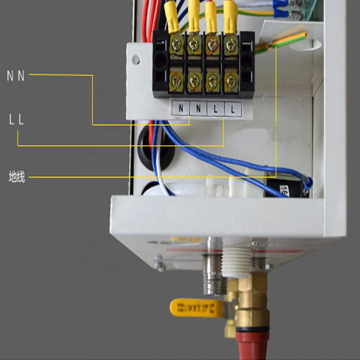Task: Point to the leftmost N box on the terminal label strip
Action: [x=181, y=107]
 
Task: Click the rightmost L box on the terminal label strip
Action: [x=233, y=109]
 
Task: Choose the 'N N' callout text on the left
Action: [x=16, y=76]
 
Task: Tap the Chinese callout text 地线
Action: [x=17, y=177]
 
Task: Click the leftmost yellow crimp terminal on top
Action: [x=172, y=18]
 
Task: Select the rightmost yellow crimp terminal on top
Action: [x=230, y=16]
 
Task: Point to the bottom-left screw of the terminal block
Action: [x=176, y=81]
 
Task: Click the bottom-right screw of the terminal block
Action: [x=231, y=82]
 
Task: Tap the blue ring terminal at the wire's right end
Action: [x=308, y=183]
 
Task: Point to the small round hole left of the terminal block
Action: [x=136, y=59]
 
